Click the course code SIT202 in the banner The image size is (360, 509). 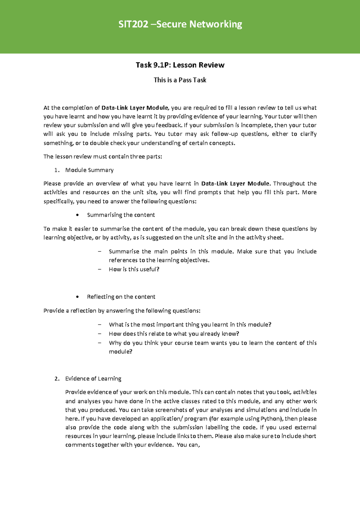click(133, 24)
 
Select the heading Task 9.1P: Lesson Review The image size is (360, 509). click(180, 65)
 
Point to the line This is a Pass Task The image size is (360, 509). click(180, 80)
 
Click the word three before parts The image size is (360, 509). click(137, 156)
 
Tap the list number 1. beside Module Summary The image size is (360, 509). click(57, 170)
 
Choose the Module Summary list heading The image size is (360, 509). click(89, 170)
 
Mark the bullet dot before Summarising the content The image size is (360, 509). click(78, 215)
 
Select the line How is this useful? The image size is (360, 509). click(134, 269)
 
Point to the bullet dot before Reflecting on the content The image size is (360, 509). click(78, 297)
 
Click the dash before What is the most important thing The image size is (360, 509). click(100, 325)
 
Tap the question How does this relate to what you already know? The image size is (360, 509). click(174, 334)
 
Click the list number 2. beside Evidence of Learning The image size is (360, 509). click(57, 379)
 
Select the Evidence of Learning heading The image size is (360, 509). click(93, 379)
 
